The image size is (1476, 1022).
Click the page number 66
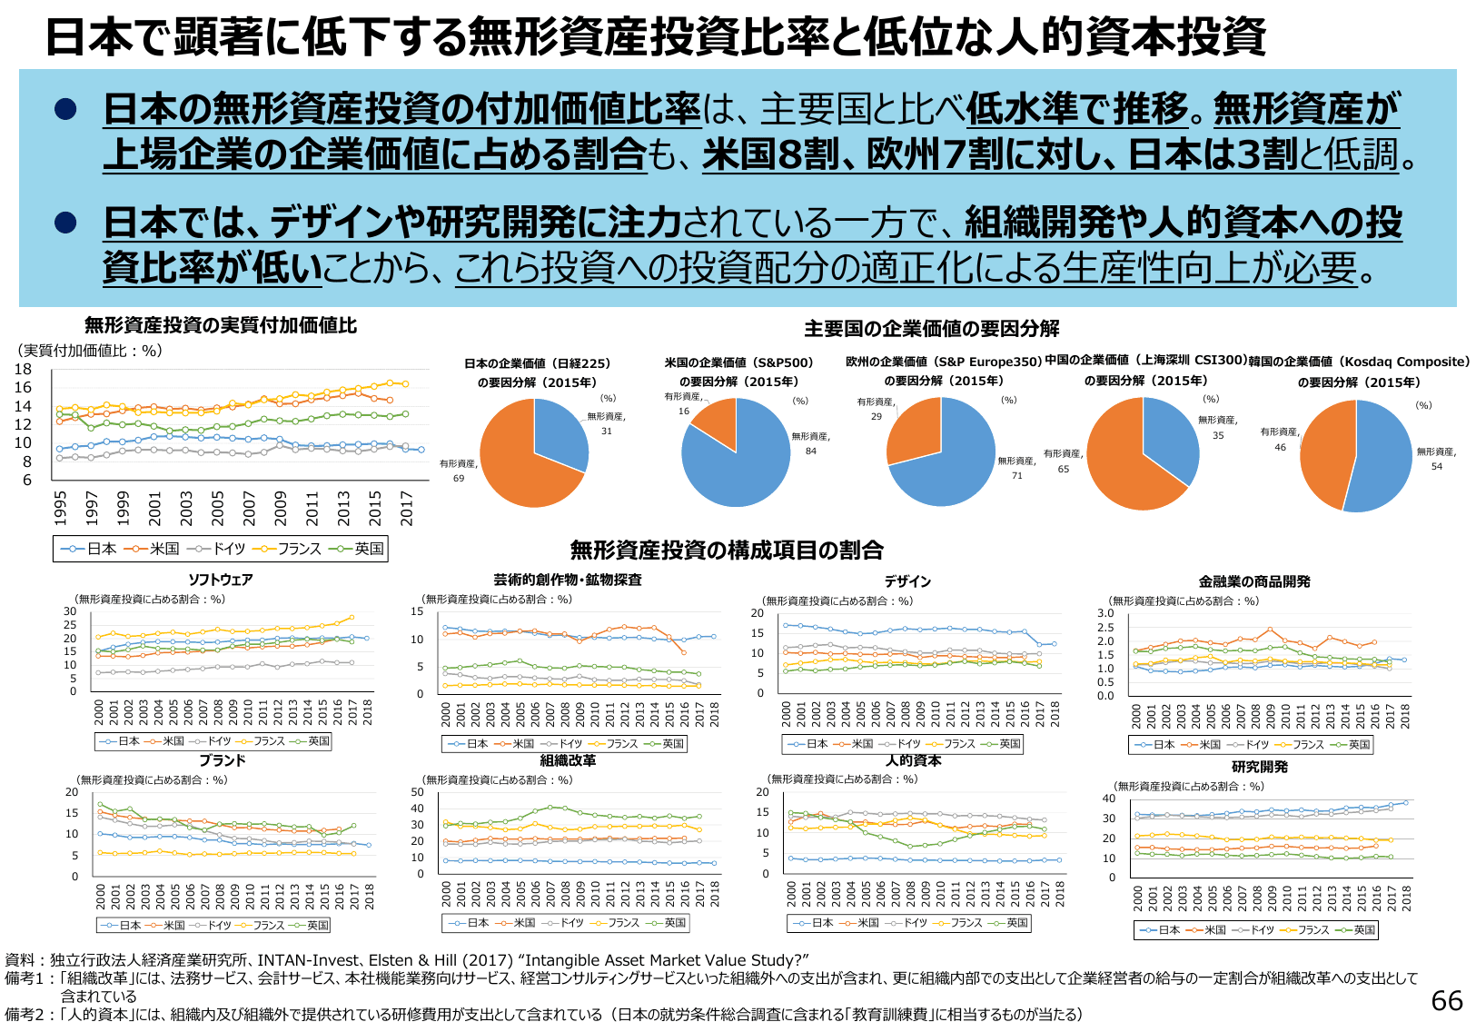tap(1447, 1000)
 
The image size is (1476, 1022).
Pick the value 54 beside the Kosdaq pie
tap(1436, 466)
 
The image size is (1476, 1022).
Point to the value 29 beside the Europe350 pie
tap(876, 416)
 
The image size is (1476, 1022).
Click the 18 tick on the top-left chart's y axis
tap(23, 370)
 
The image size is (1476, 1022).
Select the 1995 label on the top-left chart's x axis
tap(60, 507)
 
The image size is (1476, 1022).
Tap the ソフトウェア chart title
tap(220, 580)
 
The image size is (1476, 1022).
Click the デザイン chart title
tap(907, 580)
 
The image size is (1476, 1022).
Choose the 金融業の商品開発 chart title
tap(1253, 581)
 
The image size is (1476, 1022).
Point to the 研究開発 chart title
tap(1259, 767)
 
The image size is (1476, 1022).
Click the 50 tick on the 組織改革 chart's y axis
tap(418, 793)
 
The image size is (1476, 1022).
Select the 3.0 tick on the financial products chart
tap(1105, 613)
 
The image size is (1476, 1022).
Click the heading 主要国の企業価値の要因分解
tap(931, 329)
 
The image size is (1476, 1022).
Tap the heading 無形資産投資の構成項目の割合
tap(727, 550)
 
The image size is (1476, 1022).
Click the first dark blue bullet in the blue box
tap(65, 110)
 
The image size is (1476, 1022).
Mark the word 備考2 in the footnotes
tap(25, 1014)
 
